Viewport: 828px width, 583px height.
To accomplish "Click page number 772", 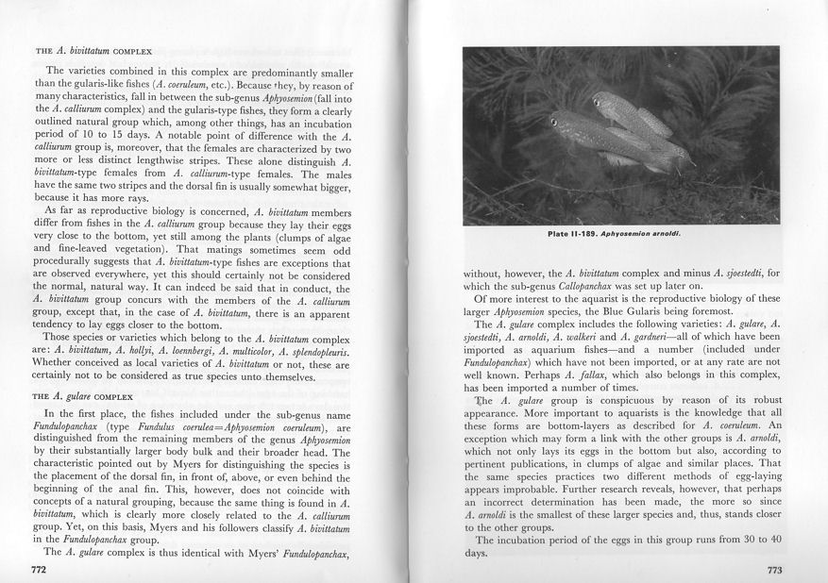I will [39, 570].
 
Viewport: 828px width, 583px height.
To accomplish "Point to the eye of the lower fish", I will [553, 122].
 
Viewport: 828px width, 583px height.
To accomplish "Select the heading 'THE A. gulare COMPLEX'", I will [84, 397].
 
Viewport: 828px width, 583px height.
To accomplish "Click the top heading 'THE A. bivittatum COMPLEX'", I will [87, 49].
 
